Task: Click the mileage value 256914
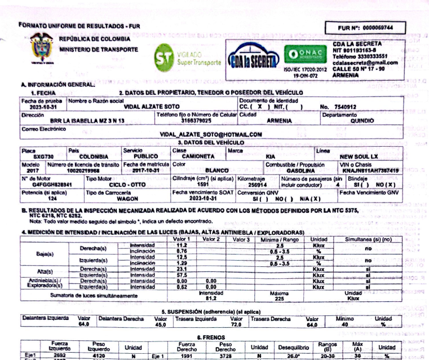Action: (257, 184)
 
